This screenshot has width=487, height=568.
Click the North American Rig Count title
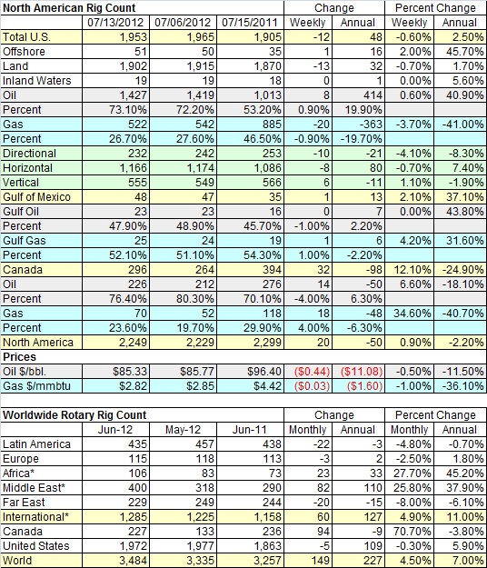[69, 8]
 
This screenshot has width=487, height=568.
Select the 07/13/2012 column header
[115, 23]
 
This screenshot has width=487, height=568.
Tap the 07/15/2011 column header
[250, 23]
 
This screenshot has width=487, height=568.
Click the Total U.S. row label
[26, 37]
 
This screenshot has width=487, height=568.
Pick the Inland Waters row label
[37, 80]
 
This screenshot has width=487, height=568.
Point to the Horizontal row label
[28, 168]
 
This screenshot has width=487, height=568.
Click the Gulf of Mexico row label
[36, 196]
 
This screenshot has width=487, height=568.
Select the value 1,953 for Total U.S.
[133, 37]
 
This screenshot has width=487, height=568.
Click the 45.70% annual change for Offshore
[465, 52]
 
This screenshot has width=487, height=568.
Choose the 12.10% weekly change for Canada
[412, 270]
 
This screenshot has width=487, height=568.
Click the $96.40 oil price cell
[264, 372]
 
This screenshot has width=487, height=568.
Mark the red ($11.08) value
[362, 372]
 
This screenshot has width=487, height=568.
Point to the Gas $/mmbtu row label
[36, 386]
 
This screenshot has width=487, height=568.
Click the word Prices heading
[20, 357]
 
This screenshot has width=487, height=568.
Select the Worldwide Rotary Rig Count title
[75, 415]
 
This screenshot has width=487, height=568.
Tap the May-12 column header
[183, 430]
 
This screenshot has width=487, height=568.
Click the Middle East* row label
[34, 488]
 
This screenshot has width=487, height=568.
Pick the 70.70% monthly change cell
[412, 532]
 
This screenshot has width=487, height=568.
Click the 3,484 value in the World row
[133, 561]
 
